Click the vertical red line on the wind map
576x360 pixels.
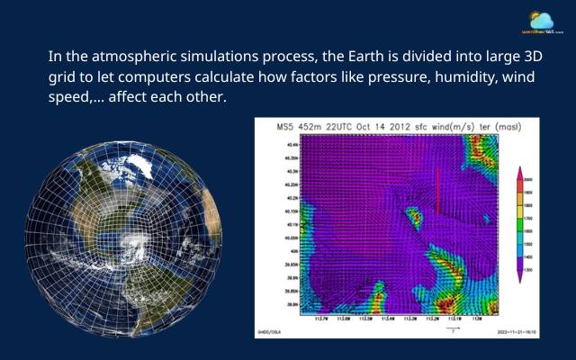pyautogui.click(x=437, y=190)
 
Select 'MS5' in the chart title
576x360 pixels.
pyautogui.click(x=285, y=127)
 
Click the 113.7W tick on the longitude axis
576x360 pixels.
pyautogui.click(x=321, y=318)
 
